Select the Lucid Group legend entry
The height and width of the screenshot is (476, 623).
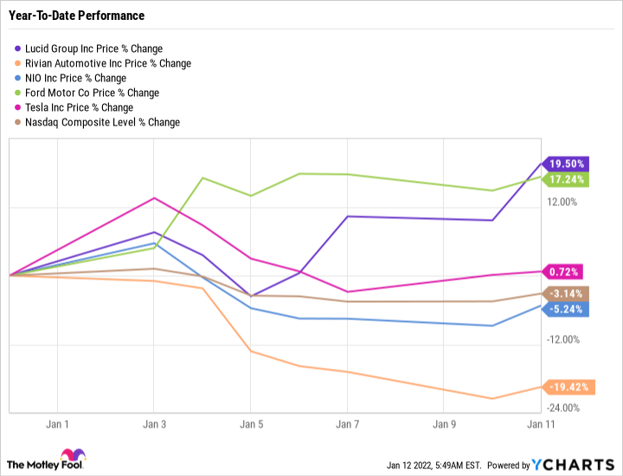(93, 48)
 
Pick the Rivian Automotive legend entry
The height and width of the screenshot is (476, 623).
(106, 63)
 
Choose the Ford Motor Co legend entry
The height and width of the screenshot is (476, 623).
(91, 93)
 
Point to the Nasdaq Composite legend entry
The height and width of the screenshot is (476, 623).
(101, 122)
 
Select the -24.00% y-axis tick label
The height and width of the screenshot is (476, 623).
(562, 408)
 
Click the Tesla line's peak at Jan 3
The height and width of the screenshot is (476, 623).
(154, 198)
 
